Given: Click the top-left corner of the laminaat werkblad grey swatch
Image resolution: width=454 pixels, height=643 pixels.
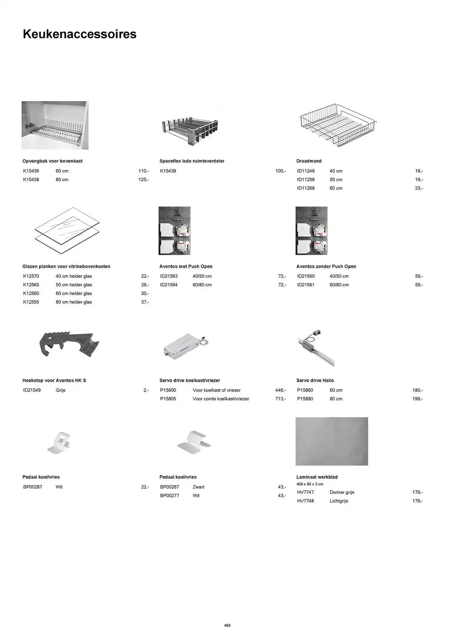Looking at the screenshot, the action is coord(296,417).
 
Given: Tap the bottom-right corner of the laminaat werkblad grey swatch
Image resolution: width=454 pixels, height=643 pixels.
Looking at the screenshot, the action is coord(368,466).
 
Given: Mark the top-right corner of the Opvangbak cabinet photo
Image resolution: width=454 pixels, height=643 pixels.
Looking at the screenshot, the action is coord(89,101).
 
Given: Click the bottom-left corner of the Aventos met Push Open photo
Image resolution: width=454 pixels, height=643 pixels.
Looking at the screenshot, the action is coord(159,255).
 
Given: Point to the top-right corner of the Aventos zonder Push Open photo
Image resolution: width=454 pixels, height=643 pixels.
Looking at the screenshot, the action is coord(327,207).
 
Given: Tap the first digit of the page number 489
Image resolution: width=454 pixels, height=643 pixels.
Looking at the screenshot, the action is coord(225,625).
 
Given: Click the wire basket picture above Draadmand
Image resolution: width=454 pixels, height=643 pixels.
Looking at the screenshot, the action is coord(338,125).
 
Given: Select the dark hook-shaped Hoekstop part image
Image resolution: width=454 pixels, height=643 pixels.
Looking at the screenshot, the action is coord(69,344).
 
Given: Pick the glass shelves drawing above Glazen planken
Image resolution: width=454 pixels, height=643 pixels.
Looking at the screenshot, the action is coord(67,231).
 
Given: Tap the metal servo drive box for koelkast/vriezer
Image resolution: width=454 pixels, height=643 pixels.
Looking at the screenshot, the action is coord(186,347).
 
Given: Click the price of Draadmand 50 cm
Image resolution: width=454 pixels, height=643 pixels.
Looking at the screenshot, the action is coord(419,180).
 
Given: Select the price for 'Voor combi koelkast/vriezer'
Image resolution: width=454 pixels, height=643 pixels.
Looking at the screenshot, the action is coord(280,399).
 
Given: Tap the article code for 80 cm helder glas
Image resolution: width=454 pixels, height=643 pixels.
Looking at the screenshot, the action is coord(31,302).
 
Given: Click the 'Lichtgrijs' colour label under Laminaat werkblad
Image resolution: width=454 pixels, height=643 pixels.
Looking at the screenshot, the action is coord(339,501).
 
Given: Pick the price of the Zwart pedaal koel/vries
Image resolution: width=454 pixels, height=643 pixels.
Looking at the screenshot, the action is coord(282,487).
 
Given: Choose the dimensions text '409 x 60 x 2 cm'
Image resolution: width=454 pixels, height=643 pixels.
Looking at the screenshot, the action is coord(310,484).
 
